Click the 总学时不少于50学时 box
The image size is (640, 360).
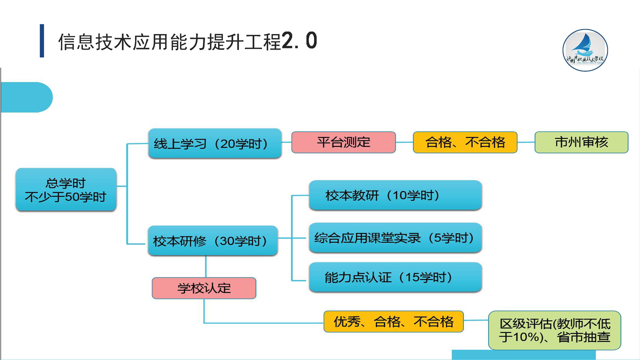66,189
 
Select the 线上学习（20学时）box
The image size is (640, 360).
214,144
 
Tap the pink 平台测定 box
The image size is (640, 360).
343,142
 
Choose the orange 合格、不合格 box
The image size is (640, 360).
465,142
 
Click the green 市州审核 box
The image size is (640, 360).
581,142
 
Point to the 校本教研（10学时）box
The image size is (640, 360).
395,195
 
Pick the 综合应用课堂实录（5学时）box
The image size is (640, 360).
395,237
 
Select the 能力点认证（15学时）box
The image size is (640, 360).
395,277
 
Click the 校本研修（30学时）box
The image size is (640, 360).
212,241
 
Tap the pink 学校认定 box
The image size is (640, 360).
204,288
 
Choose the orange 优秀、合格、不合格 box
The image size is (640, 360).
393,321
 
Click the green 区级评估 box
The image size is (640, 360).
554,329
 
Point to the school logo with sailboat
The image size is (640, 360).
585,50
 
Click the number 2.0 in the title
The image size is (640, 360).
299,41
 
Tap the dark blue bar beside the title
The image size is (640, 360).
42,41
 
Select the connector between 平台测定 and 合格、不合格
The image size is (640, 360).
404,142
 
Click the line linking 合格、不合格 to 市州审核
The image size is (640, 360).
526,142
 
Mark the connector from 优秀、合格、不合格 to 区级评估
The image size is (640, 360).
476,321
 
